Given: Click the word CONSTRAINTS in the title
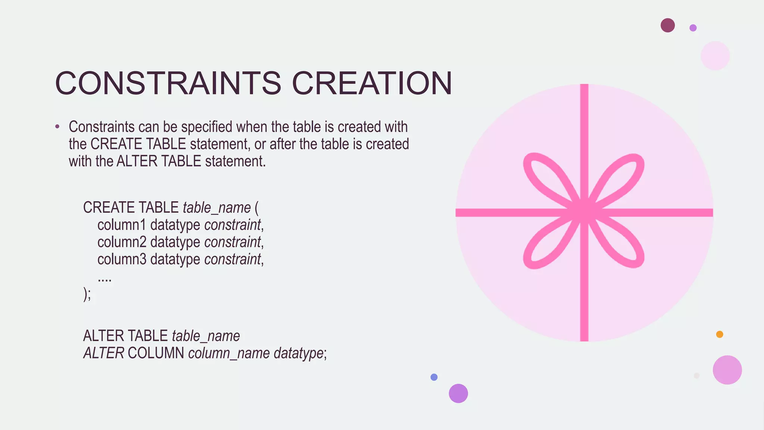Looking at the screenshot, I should pos(168,83).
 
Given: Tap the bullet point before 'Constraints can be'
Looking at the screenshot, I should pos(57,127).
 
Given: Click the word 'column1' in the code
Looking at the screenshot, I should pos(122,225).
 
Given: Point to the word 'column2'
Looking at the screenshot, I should pos(122,242).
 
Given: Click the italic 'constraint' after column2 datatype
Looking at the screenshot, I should pos(232,242).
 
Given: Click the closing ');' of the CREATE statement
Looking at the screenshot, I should pos(87,294).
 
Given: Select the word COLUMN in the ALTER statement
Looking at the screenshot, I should pos(156,353).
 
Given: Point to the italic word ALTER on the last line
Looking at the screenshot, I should pos(104,353).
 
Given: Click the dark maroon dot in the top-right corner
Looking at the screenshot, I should pos(667,25).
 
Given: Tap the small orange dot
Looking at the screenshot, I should pos(720,334).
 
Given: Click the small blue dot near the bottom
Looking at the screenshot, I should pos(434,377).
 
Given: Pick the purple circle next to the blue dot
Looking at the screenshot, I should pos(458,393).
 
